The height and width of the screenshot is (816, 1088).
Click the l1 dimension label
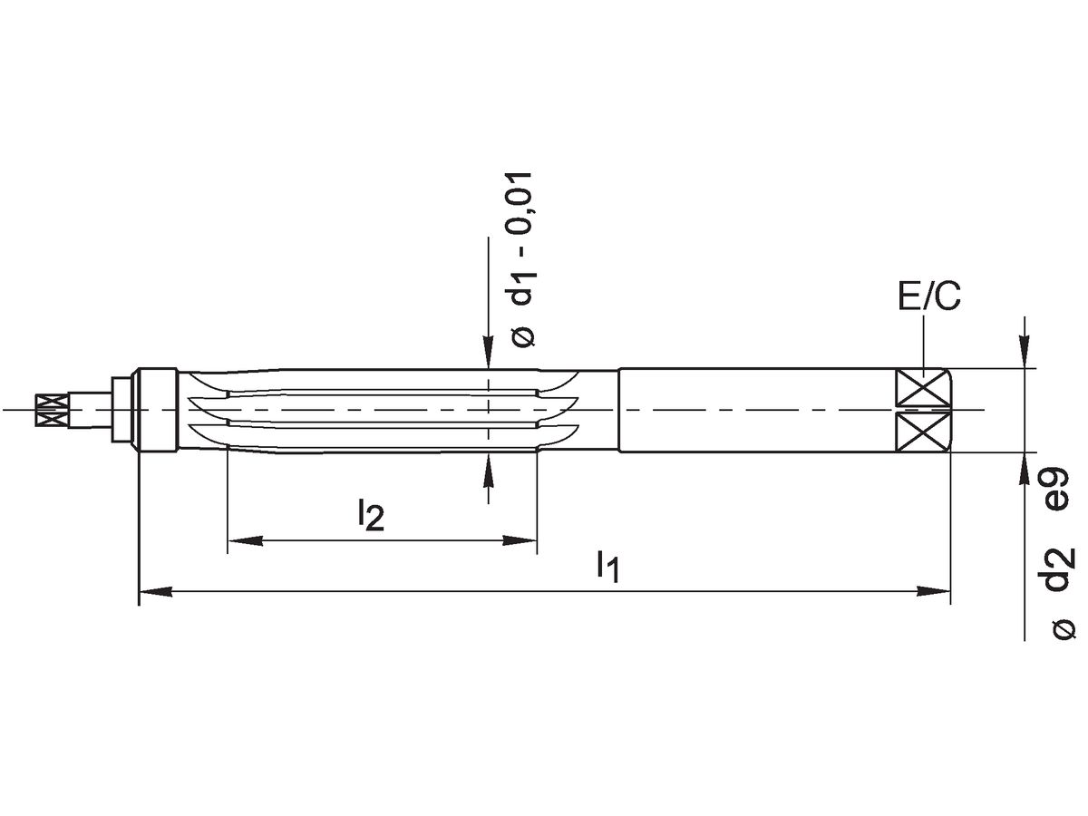607,567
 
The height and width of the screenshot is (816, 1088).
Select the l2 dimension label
370,516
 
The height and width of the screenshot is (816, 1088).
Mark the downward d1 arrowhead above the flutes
488,354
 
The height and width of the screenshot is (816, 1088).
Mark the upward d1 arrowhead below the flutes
488,468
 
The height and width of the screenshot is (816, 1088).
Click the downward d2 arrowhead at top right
1025,354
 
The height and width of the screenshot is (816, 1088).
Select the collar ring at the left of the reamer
156,410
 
